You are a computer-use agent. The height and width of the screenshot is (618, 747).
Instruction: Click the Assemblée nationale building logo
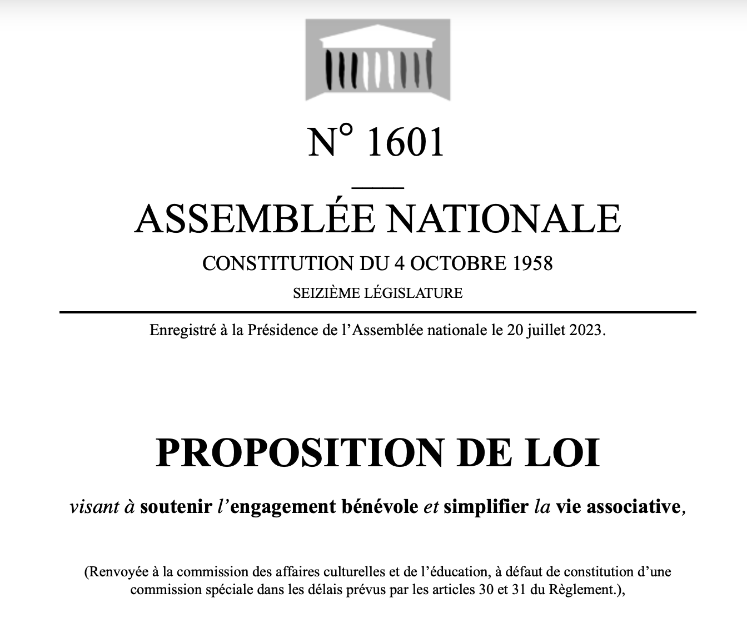(378, 59)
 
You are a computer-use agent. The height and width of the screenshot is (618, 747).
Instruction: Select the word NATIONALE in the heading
(504, 218)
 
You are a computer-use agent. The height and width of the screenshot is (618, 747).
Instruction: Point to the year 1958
(531, 263)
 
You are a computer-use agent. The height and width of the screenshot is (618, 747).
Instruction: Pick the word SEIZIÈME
(325, 292)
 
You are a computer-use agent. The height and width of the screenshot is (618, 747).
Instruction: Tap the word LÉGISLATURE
(413, 292)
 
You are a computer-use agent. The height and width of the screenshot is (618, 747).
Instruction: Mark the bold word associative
(634, 507)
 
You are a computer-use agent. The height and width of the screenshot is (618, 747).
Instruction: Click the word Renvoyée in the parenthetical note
(112, 571)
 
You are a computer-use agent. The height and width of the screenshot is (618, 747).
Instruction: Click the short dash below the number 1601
(378, 187)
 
